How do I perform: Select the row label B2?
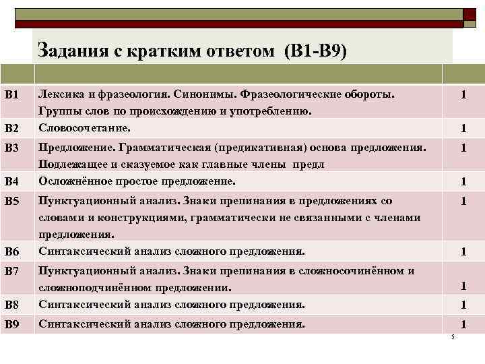click(x=11, y=128)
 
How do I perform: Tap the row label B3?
click(x=11, y=147)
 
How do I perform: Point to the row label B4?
click(x=11, y=181)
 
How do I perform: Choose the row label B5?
click(x=11, y=201)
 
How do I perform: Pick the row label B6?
click(x=11, y=252)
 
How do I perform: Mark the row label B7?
click(x=11, y=271)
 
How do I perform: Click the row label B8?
click(x=11, y=305)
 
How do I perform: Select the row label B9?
click(x=11, y=325)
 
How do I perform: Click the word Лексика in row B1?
click(x=63, y=93)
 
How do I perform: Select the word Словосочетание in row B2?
click(x=84, y=127)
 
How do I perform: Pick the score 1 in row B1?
click(x=463, y=95)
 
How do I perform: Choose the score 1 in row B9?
click(x=463, y=325)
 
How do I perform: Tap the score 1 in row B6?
click(x=463, y=252)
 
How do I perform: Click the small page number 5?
click(x=453, y=337)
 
